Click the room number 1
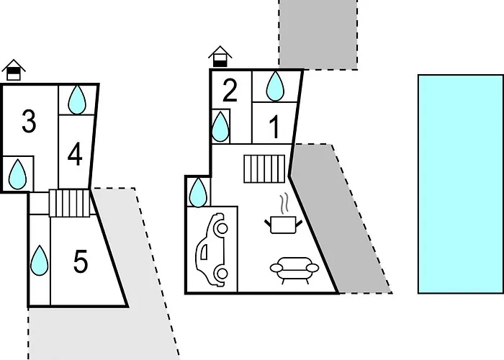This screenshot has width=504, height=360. (274, 127)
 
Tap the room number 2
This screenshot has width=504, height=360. (230, 90)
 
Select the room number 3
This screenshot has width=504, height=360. (29, 121)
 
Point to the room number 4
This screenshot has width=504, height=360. (75, 155)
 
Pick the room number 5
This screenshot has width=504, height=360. (81, 261)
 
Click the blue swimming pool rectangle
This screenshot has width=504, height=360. (461, 184)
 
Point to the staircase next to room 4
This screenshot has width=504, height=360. (69, 203)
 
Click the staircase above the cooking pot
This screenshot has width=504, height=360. (264, 168)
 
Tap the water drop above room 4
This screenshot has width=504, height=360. (77, 99)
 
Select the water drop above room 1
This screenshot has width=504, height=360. (275, 86)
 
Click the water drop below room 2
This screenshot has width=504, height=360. (220, 127)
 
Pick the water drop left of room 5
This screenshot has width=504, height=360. (39, 261)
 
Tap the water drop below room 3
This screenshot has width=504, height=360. (17, 174)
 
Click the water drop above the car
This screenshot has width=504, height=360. (198, 192)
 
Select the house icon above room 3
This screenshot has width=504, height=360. (14, 70)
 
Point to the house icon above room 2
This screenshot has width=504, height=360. (220, 57)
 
